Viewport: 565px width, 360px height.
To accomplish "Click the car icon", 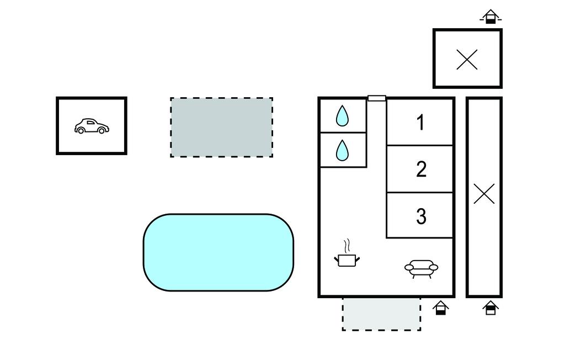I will click(92, 126).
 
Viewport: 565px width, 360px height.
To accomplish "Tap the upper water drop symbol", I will click(343, 116).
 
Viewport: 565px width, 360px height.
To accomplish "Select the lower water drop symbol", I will click(343, 150).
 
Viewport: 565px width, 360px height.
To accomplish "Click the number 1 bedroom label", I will click(421, 122).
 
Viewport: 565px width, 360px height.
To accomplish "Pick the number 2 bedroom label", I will click(421, 169).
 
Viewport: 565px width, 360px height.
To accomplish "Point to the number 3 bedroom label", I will click(421, 216).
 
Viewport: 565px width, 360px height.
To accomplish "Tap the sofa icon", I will click(421, 268).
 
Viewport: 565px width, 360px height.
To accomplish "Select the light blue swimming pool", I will click(218, 252).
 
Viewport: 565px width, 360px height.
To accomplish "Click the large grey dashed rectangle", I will click(221, 128).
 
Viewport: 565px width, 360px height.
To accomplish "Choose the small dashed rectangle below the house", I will click(381, 314).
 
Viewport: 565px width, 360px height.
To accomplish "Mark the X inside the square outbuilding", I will click(467, 59).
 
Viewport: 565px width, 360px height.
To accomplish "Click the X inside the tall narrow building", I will click(484, 194).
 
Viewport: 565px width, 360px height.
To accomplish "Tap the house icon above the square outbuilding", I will click(490, 17).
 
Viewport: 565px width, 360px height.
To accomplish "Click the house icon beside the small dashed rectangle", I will click(440, 308).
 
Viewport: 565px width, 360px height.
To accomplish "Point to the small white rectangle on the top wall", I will click(377, 98).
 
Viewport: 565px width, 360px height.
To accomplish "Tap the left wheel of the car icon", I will click(81, 131).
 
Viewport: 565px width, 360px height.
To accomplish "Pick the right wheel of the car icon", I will click(102, 131).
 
